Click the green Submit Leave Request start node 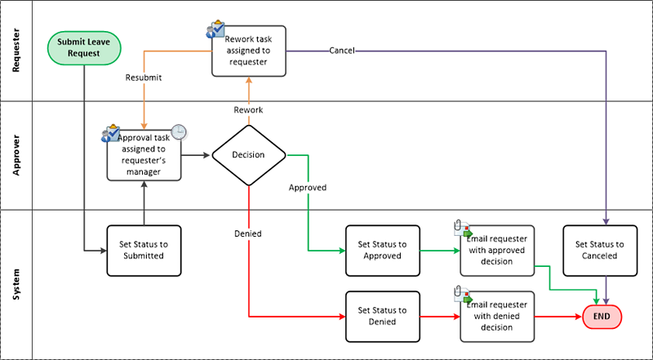point(84,47)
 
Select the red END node point(602,316)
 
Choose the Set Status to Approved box point(382,249)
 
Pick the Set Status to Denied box point(382,316)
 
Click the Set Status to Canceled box point(600,249)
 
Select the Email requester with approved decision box point(497,249)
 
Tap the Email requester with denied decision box point(497,316)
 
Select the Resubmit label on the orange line point(144,79)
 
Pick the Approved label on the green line point(308,187)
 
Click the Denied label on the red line point(248,233)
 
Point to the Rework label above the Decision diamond point(248,110)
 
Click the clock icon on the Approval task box point(178,132)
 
